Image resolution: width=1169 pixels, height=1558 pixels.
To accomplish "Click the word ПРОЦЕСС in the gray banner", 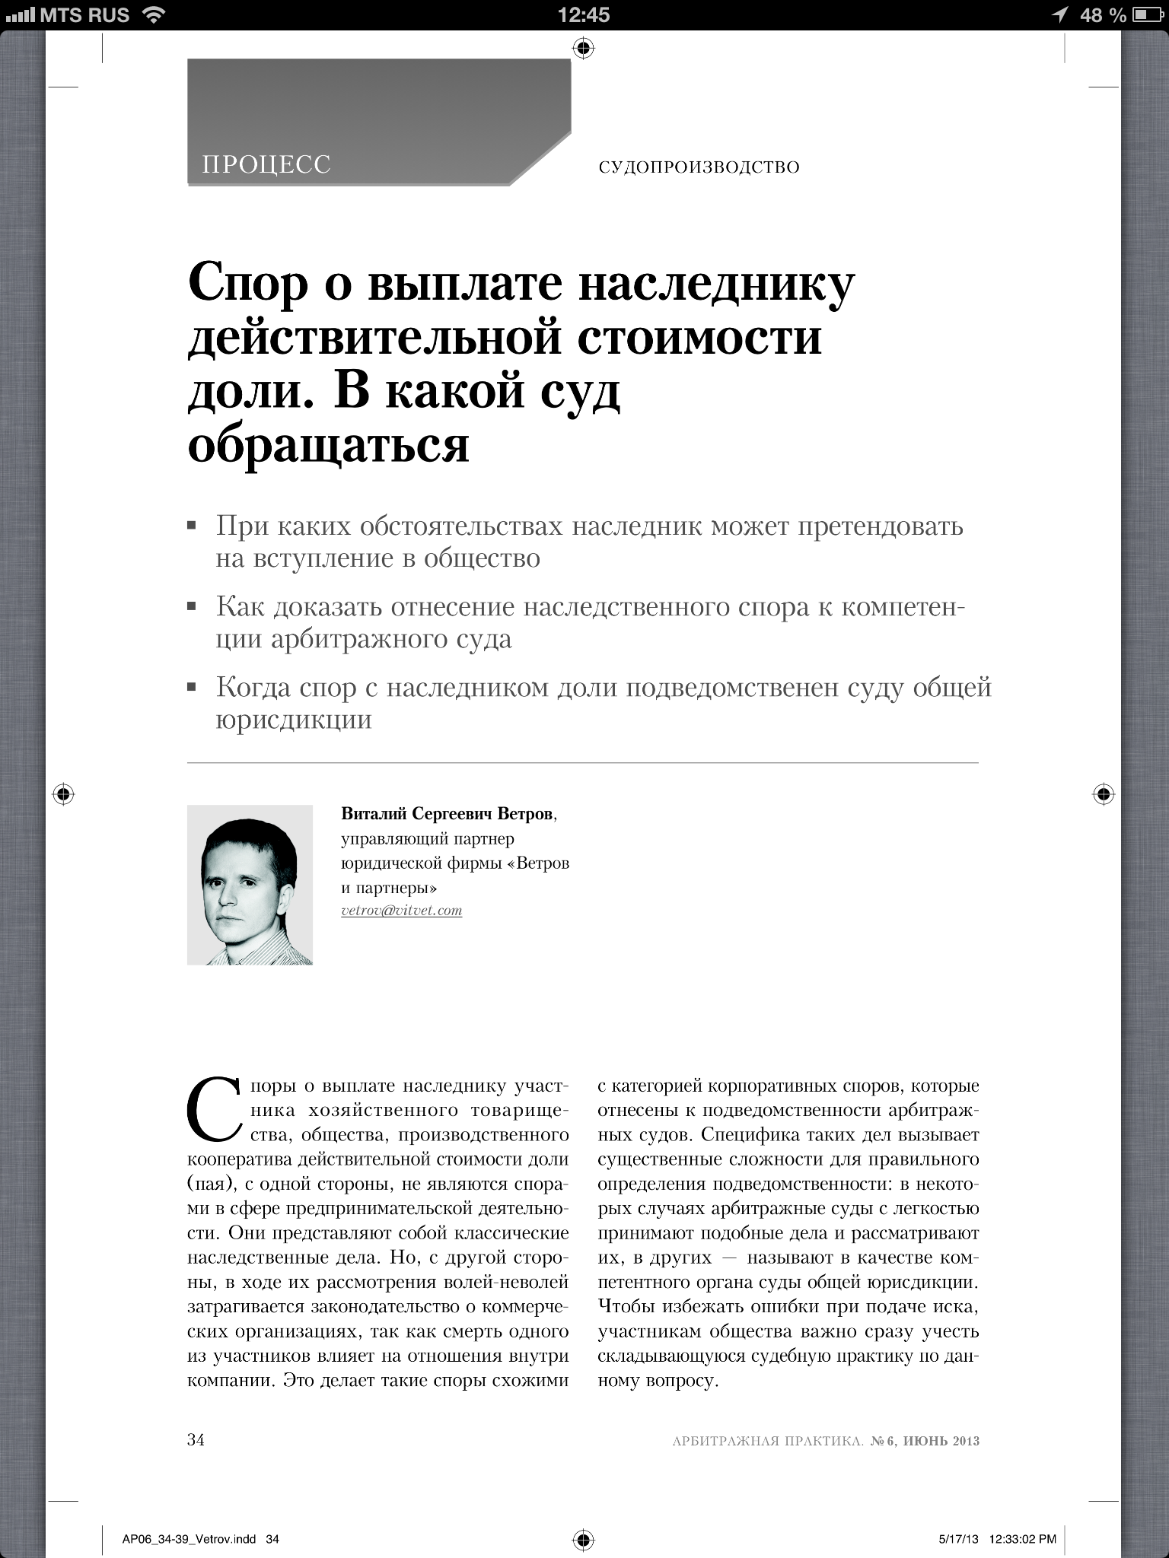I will [x=266, y=164].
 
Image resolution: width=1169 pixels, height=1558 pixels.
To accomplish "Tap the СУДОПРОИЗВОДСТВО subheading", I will [x=699, y=167].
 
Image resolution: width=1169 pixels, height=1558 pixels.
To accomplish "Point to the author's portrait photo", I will [x=250, y=885].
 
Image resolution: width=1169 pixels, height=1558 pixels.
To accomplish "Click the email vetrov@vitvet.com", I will [x=402, y=911].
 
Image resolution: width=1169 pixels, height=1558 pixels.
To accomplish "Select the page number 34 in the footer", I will [x=196, y=1441].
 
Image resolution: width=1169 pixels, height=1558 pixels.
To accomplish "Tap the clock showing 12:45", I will [x=584, y=15].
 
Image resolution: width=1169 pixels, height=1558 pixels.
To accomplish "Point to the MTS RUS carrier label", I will [x=84, y=15].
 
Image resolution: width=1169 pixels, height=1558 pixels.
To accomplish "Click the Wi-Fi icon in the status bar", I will [x=154, y=15].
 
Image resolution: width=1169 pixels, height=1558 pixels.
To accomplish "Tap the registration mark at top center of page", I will [x=584, y=49].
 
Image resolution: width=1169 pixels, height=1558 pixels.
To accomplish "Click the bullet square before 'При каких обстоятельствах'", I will [x=192, y=526].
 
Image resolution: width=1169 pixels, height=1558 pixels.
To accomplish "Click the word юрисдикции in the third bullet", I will [x=294, y=720].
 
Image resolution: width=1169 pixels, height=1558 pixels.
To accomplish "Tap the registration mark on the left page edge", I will [x=64, y=794].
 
